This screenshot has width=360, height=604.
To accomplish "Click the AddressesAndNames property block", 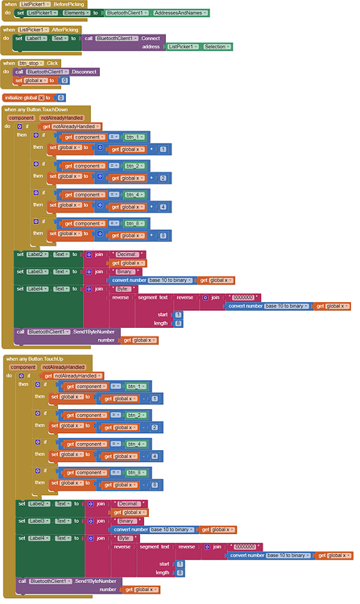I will (x=181, y=13).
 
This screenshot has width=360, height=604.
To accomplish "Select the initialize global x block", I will (x=26, y=97).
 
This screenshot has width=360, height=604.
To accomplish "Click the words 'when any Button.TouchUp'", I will (x=35, y=358).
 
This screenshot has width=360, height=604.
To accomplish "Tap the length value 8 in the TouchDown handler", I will (x=178, y=323).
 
